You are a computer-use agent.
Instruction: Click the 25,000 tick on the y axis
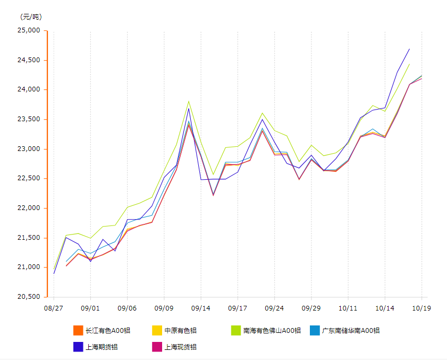30,30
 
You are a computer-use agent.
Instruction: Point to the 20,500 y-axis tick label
30,297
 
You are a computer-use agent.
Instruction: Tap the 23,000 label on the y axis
30,149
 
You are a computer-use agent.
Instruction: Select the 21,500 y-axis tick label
30,238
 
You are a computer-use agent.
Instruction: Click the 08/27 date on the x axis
54,308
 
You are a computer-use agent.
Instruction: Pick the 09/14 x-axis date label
201,308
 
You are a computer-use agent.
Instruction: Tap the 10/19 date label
421,308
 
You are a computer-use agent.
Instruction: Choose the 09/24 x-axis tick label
274,308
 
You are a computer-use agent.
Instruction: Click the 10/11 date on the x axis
348,308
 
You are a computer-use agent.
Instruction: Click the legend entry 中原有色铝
180,331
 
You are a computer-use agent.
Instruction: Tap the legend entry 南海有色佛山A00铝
272,331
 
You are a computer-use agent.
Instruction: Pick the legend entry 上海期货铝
102,347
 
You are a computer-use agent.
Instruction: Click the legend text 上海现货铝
180,347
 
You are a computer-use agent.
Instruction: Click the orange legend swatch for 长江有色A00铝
78,331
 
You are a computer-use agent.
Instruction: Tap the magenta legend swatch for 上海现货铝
157,347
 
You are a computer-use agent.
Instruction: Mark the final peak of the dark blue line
409,49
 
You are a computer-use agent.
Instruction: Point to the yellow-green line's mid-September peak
189,101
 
